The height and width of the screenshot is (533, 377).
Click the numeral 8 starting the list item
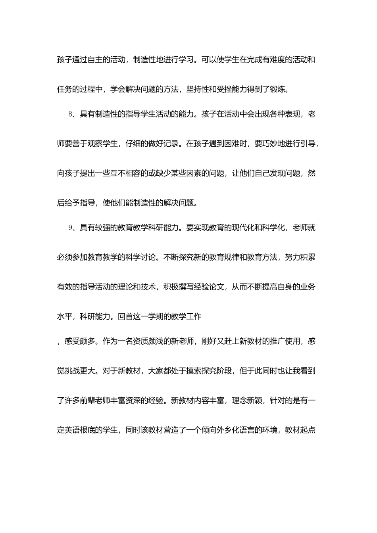70,115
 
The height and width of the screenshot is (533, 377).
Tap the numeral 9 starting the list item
70,228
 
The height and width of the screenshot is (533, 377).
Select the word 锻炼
281,89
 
